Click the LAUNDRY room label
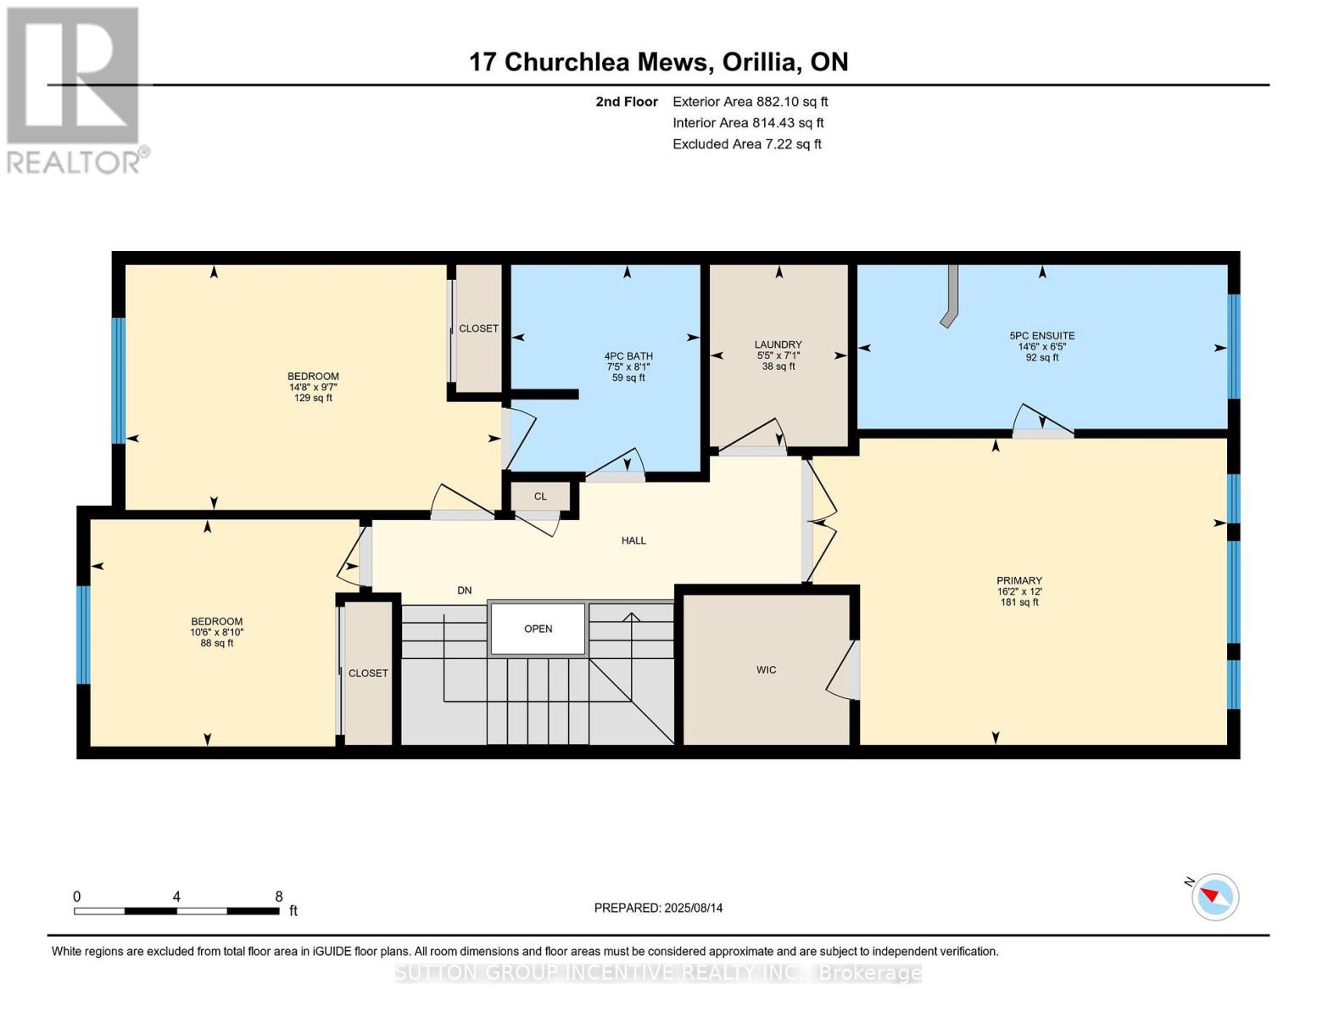(x=778, y=344)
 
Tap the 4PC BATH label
(x=628, y=356)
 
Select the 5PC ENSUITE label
(x=1041, y=336)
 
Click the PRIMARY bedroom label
(x=1019, y=581)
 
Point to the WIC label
(x=766, y=670)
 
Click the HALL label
(x=633, y=540)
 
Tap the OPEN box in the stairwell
(x=539, y=629)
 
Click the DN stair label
(x=464, y=590)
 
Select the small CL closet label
(x=540, y=496)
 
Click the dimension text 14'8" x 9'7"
(x=313, y=387)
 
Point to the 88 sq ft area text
(x=216, y=643)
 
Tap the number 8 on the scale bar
(x=278, y=897)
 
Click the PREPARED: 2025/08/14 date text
(x=658, y=908)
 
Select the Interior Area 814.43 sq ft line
(x=748, y=123)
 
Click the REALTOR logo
(x=74, y=89)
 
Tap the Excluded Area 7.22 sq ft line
(x=746, y=144)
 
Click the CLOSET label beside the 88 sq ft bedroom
(x=368, y=674)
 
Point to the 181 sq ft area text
(x=1019, y=602)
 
